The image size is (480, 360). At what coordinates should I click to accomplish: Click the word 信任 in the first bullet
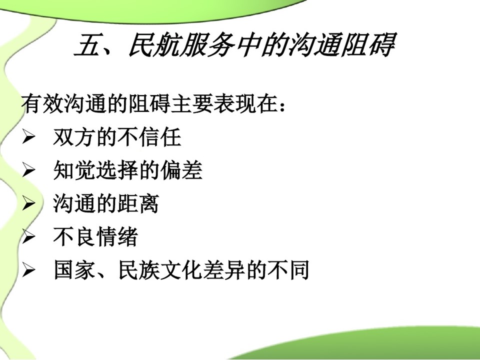[159, 137]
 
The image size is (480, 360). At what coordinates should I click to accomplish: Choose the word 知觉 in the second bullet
[74, 170]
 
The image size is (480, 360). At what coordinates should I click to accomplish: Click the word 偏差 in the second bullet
[181, 170]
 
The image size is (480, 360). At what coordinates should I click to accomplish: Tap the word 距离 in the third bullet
[138, 203]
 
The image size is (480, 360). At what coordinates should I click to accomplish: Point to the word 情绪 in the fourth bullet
[117, 237]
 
